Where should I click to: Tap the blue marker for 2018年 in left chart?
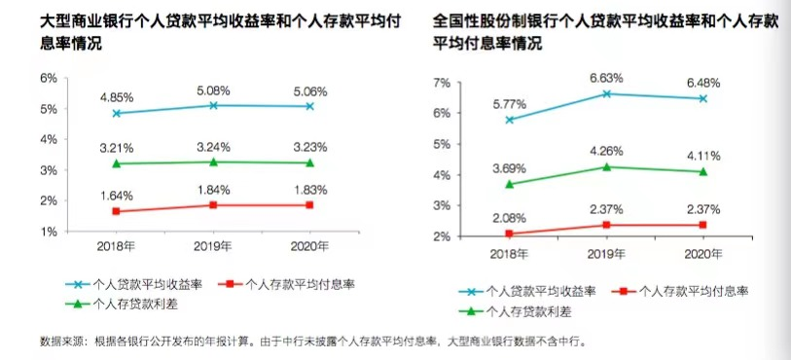117,113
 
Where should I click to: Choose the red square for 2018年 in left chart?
117,211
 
